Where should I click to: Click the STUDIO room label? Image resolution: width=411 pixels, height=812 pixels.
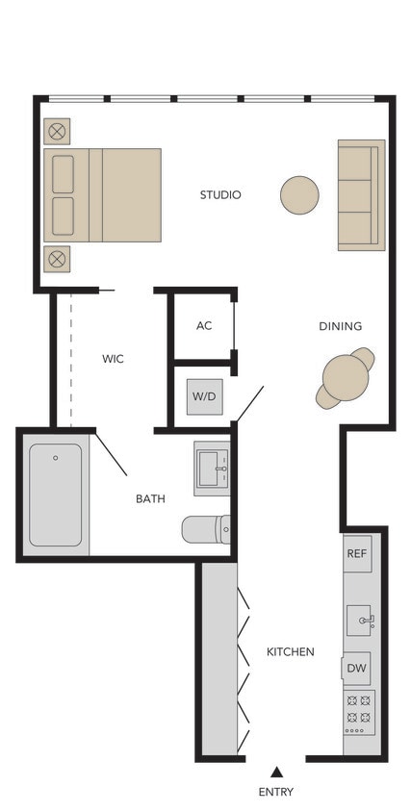[220, 195]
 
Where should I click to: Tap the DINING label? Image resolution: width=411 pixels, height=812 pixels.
[340, 326]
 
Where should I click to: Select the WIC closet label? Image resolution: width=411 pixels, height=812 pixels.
[114, 359]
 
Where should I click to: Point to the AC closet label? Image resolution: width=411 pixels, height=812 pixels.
[204, 326]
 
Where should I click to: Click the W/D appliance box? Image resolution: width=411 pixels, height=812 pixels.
[204, 396]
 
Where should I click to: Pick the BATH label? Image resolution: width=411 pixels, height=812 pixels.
[149, 498]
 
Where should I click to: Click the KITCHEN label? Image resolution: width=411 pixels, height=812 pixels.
[290, 651]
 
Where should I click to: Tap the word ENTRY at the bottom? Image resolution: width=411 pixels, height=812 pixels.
[275, 792]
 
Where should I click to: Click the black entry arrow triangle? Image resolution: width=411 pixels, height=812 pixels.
[276, 772]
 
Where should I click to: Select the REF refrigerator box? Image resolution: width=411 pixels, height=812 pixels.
[357, 554]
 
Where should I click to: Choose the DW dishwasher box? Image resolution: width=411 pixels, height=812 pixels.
[357, 668]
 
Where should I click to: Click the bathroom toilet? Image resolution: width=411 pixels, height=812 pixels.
[206, 529]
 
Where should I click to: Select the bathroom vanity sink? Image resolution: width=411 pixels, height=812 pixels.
[212, 469]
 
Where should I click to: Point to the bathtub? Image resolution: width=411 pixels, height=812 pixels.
[55, 495]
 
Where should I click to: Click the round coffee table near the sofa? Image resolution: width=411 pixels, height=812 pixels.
[299, 195]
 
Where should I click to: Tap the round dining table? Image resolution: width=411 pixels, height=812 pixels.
[345, 378]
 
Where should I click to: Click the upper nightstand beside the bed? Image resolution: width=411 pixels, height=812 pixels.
[57, 132]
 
